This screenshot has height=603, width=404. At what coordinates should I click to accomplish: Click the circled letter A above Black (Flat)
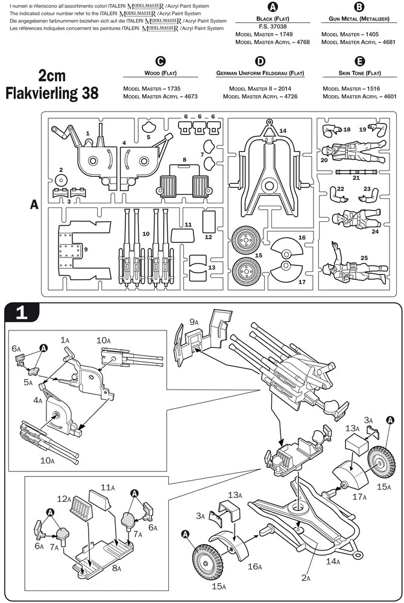coord(273,7)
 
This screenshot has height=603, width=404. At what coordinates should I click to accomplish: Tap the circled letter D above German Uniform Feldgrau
coord(260,61)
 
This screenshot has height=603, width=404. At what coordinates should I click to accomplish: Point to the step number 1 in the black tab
coord(21,312)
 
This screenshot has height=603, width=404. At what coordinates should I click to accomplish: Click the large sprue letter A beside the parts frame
coord(34,205)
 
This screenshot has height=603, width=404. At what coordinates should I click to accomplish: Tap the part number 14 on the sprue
coord(283,131)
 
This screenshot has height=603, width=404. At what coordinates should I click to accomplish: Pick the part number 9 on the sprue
coord(86,249)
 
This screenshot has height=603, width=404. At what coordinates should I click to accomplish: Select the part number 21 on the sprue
coord(356,177)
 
